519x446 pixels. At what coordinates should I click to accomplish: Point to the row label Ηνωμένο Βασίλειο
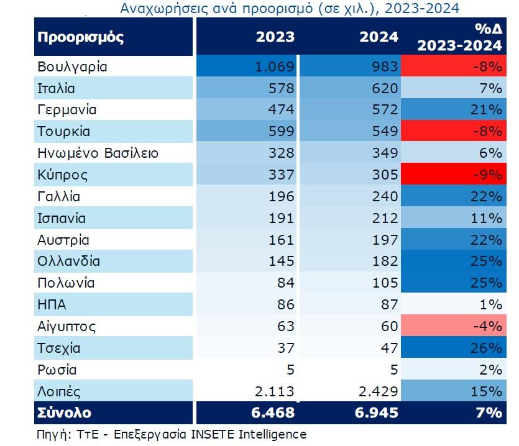[x=98, y=153]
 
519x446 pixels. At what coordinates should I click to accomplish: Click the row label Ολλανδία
[x=68, y=262]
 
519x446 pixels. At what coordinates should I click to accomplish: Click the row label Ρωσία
[x=57, y=370]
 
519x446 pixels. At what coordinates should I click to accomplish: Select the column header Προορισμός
[x=81, y=37]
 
